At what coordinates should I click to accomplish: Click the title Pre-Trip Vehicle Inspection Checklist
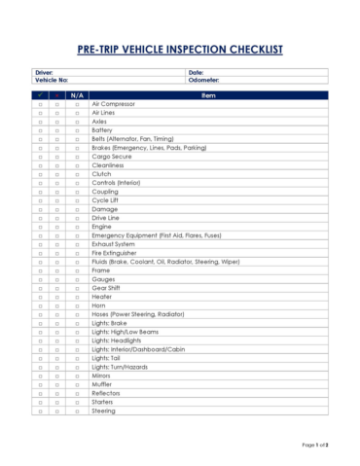click(x=180, y=48)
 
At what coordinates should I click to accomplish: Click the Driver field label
click(x=44, y=72)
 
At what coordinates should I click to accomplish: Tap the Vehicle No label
click(x=51, y=80)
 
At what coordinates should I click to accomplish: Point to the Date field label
click(x=196, y=72)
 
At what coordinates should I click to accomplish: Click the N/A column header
click(x=77, y=94)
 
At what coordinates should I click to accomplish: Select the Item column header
click(x=207, y=94)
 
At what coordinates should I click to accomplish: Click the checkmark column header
click(x=40, y=94)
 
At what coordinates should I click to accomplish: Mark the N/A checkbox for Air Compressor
click(x=77, y=103)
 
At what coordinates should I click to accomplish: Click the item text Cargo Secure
click(x=112, y=157)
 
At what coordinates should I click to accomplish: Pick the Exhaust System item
click(x=115, y=244)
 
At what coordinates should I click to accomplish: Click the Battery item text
click(x=102, y=129)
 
